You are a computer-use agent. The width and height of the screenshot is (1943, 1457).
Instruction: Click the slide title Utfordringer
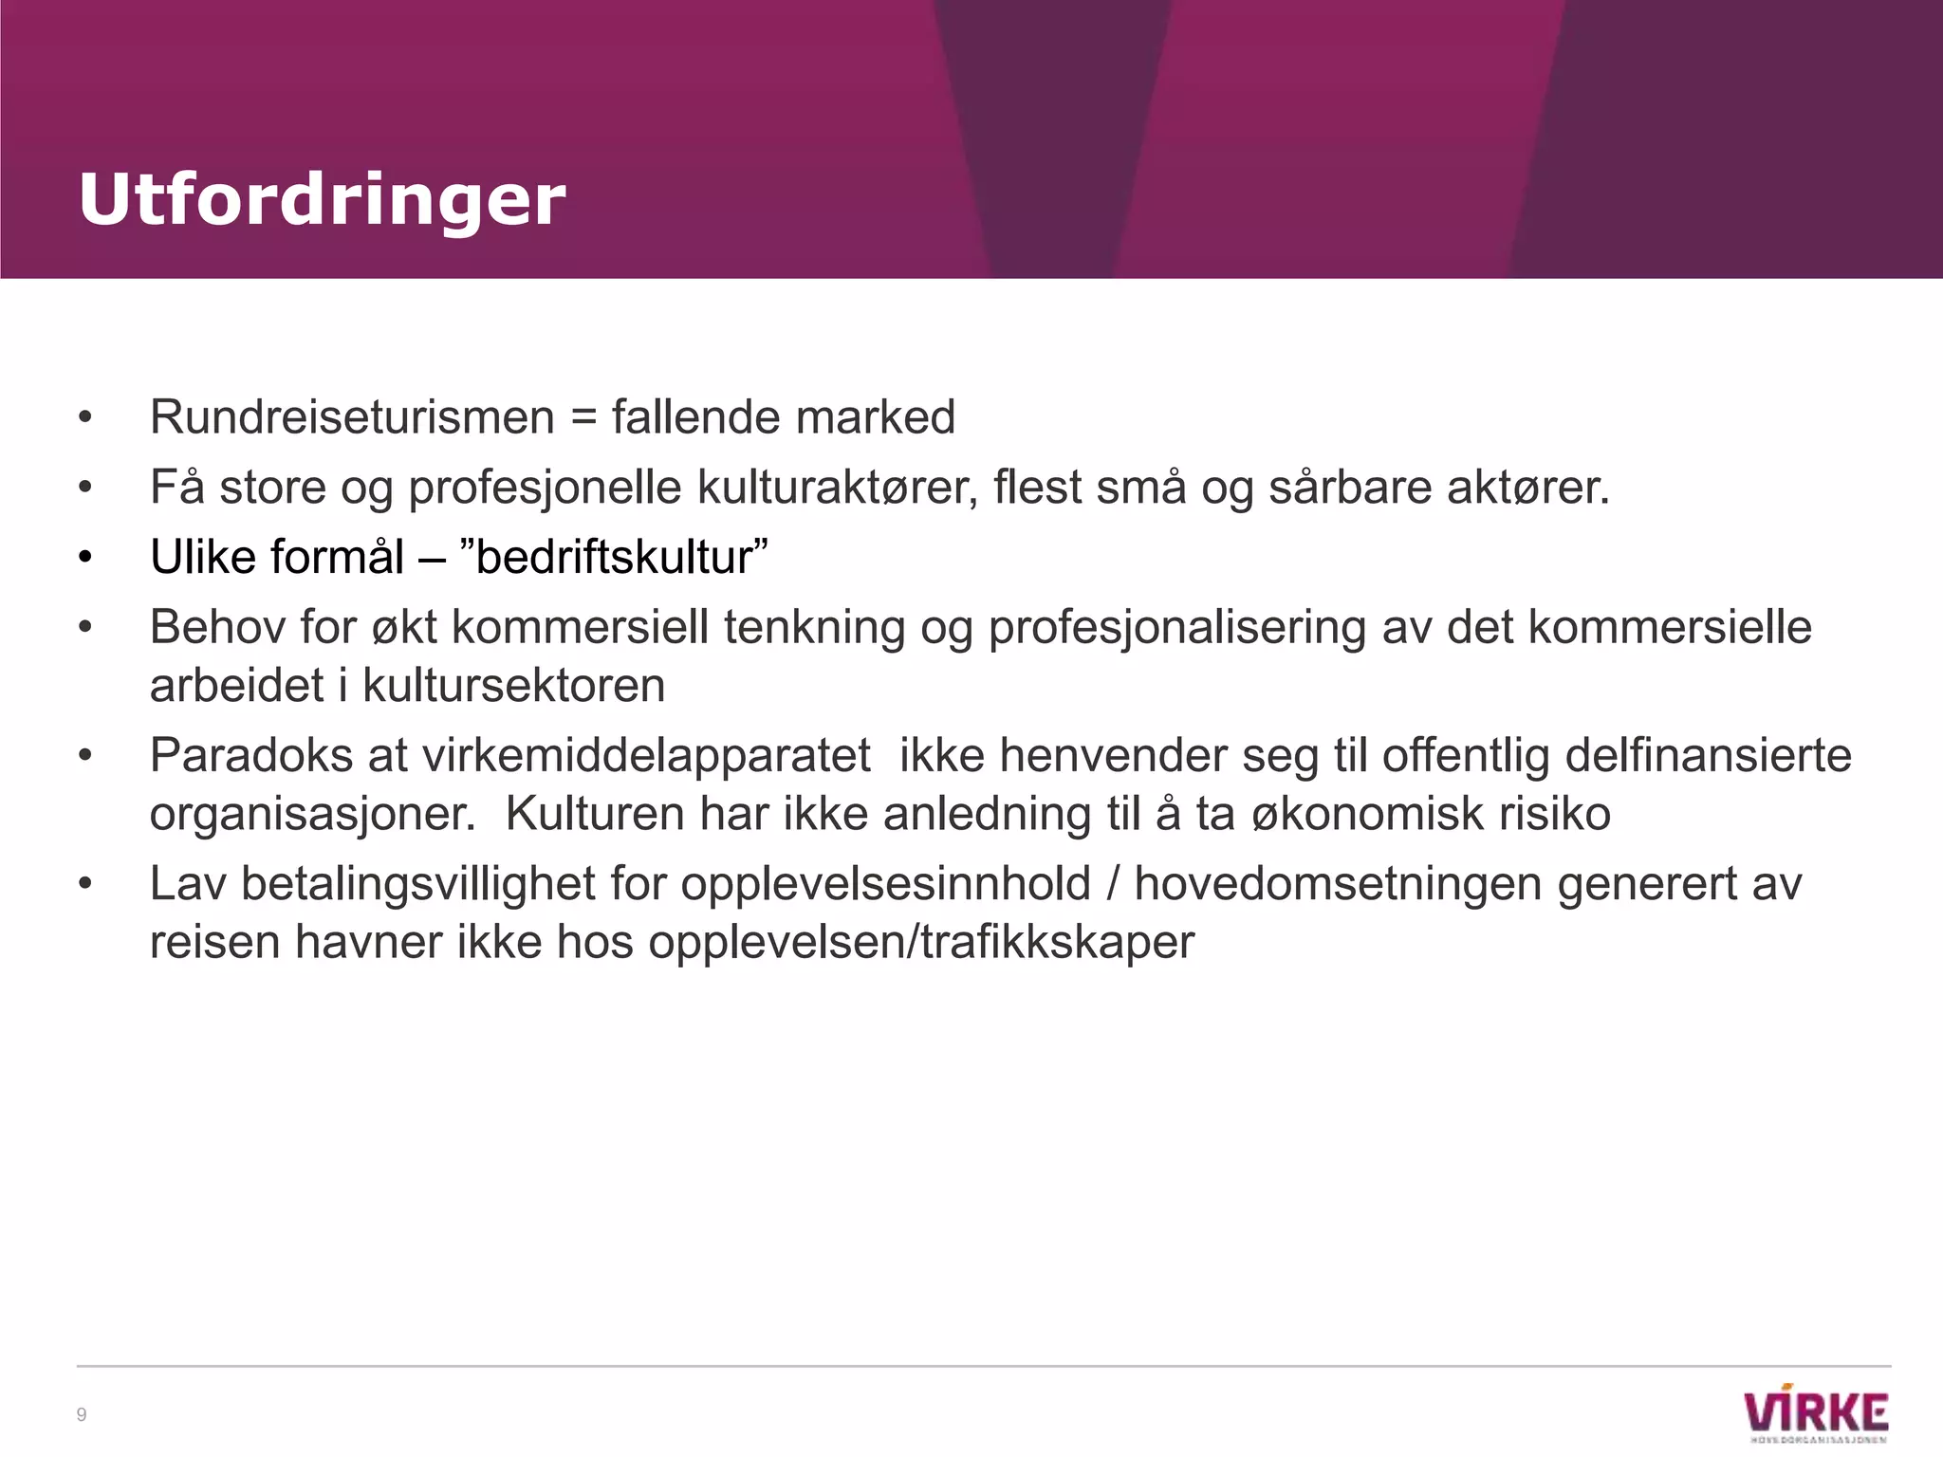pos(322,200)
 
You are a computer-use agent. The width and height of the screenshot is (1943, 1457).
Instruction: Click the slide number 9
pos(82,1415)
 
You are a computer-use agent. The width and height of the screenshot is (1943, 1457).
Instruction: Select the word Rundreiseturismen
pos(352,417)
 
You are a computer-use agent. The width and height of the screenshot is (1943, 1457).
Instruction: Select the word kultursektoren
pos(513,686)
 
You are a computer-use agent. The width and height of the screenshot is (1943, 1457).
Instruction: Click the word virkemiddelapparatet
pos(645,756)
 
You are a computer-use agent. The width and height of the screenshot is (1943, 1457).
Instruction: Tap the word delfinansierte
pos(1708,756)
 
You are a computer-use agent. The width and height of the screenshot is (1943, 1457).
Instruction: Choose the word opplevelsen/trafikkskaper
pos(921,942)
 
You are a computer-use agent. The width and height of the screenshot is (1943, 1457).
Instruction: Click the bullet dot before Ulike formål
pos(86,558)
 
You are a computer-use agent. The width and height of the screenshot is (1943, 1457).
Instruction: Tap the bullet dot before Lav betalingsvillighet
pos(86,885)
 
